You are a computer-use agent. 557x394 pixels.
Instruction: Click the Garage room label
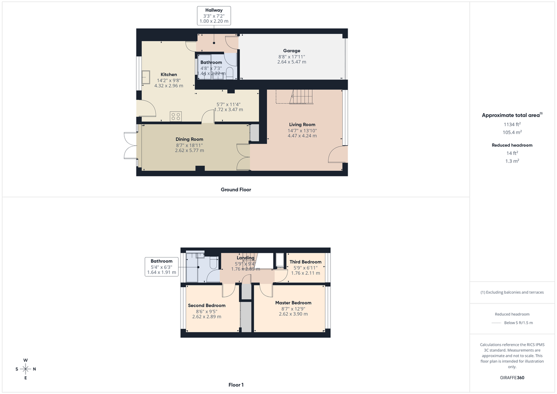291,51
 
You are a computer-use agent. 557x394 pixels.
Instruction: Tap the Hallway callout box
214,15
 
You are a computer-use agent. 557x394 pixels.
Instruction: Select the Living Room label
302,124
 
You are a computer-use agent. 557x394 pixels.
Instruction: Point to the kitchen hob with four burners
176,116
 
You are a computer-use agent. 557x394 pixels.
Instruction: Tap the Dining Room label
189,139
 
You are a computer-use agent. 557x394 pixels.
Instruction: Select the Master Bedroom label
293,303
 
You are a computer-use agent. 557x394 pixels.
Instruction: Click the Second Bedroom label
207,305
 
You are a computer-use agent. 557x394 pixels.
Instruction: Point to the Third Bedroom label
305,262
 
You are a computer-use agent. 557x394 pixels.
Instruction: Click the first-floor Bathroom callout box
162,267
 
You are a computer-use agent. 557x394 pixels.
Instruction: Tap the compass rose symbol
26,369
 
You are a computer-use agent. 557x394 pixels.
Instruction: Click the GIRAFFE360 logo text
512,378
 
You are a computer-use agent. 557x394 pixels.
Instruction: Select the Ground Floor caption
236,189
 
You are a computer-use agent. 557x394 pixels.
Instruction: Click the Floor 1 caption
236,385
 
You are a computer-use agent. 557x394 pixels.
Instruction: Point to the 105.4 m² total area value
512,131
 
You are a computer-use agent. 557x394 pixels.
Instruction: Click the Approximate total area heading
511,115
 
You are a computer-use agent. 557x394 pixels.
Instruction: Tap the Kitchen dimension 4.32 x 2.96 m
168,86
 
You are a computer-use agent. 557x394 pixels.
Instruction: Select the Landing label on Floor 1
246,258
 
